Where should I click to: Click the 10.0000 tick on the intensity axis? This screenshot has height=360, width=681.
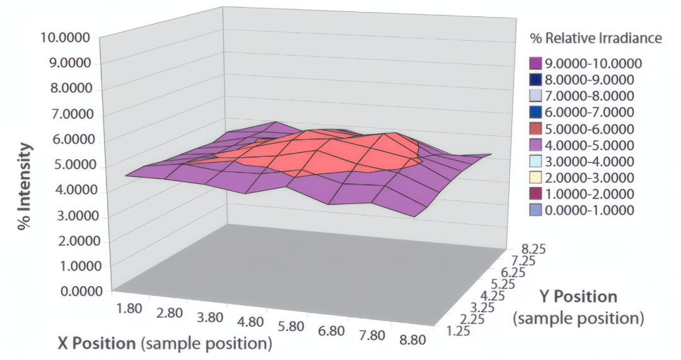tap(65, 38)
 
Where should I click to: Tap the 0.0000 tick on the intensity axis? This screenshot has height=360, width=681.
tap(81, 291)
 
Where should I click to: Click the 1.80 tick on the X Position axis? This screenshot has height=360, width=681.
tap(129, 308)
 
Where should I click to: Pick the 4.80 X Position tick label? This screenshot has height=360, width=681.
tap(250, 322)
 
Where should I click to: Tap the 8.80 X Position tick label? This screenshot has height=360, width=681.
tap(412, 339)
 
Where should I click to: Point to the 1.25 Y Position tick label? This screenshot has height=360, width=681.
tap(458, 331)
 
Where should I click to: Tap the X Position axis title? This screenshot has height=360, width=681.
tap(165, 344)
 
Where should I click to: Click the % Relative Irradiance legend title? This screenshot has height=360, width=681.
tap(596, 38)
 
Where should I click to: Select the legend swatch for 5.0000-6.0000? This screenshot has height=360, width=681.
tap(536, 129)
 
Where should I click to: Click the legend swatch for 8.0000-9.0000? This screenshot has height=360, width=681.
tap(536, 80)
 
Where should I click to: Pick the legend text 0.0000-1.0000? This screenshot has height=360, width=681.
tap(590, 211)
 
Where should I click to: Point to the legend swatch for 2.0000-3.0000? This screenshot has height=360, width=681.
tap(536, 178)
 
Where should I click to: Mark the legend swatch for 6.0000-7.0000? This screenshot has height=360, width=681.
tap(536, 112)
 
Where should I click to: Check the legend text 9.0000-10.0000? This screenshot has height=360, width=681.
tap(593, 64)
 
